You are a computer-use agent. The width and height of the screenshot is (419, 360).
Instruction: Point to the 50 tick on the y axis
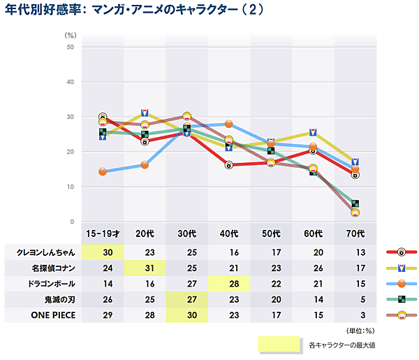(71, 47)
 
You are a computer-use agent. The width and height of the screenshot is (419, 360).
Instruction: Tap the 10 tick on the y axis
(71, 187)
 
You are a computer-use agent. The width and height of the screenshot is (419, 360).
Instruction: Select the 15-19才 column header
(103, 233)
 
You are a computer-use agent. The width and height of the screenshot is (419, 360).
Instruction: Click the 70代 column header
(355, 233)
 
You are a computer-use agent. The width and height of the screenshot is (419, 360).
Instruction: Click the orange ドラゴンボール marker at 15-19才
(103, 171)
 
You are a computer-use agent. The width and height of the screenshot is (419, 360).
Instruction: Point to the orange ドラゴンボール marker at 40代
(229, 123)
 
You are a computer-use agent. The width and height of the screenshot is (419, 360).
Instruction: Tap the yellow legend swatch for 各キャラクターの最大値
(279, 345)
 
